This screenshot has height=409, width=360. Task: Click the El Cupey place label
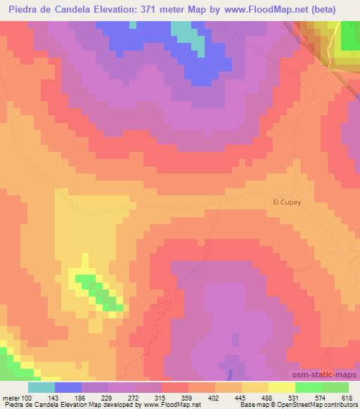[286, 202]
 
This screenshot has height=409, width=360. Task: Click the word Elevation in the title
[116, 8]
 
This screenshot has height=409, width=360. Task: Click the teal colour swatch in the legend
[41, 387]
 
